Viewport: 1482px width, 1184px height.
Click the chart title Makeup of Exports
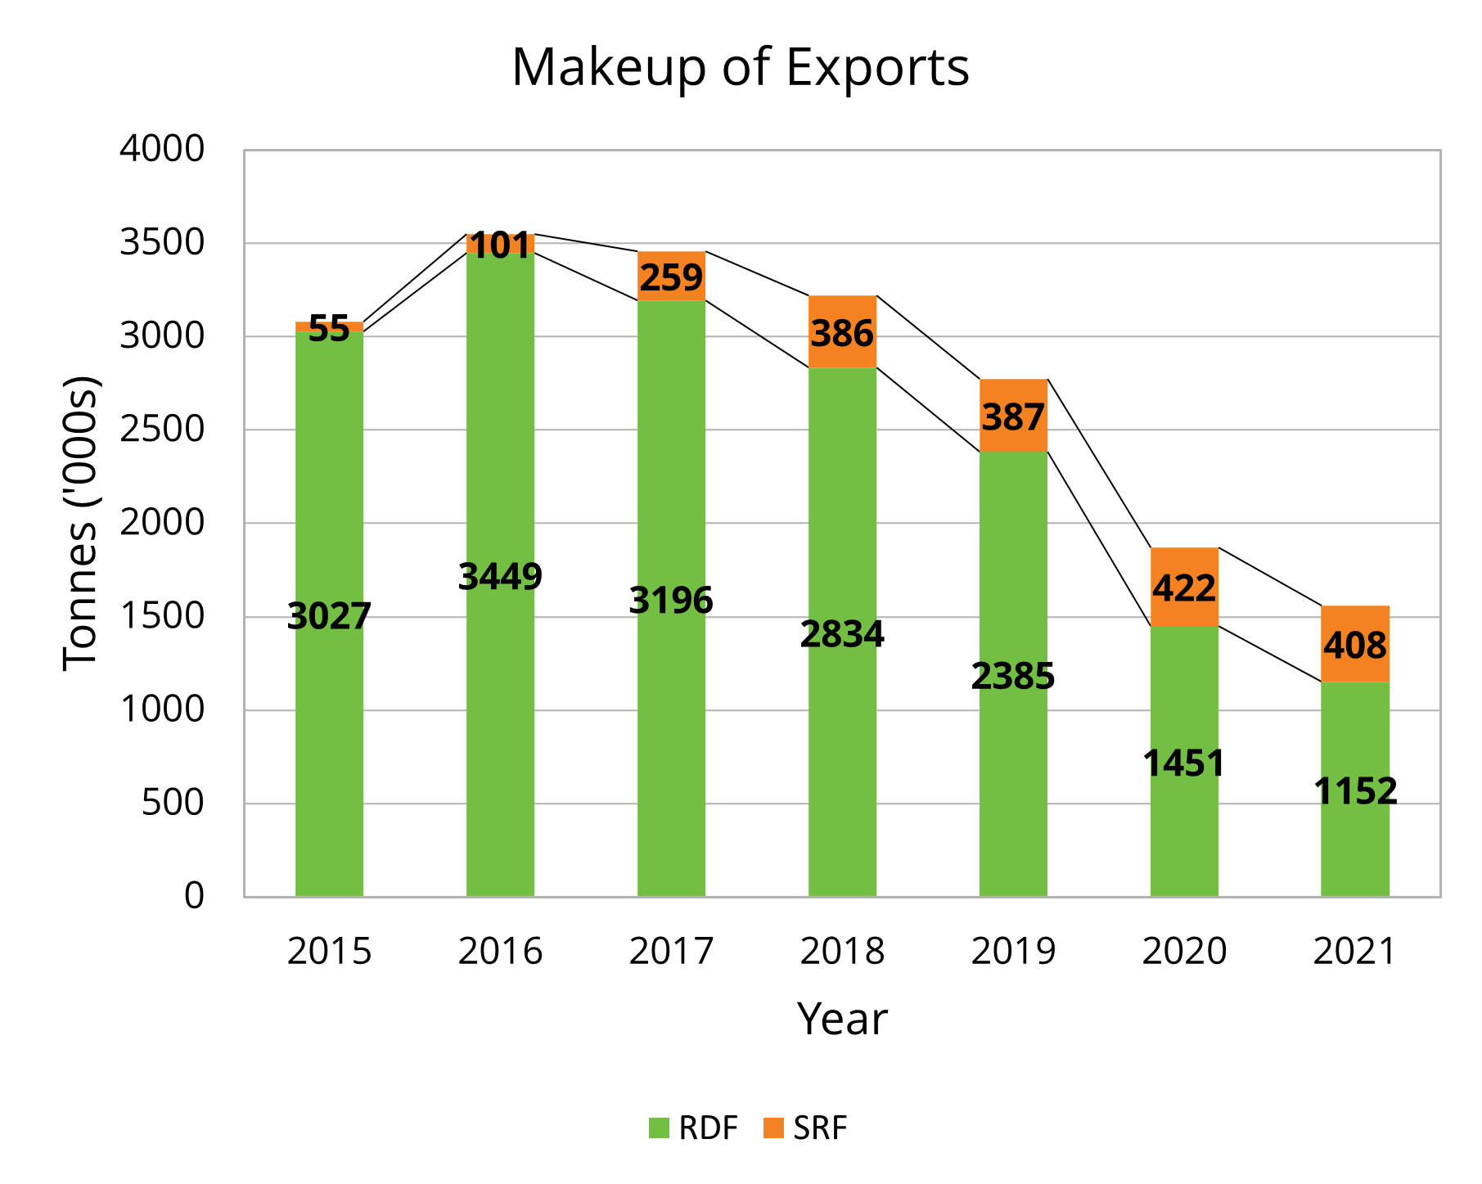[x=740, y=67]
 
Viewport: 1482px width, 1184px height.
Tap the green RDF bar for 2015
[x=329, y=736]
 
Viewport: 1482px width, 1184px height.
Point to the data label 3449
[x=500, y=577]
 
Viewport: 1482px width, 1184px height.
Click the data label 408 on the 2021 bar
[x=1354, y=646]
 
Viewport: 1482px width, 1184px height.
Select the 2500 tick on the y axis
[x=161, y=430]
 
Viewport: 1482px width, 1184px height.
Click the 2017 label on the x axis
[x=671, y=952]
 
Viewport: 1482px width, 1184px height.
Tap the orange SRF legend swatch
[x=773, y=1128]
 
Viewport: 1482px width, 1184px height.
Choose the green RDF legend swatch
[x=659, y=1128]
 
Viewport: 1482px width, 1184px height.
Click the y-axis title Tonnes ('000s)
[x=80, y=523]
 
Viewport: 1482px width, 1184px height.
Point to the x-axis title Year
[x=841, y=1020]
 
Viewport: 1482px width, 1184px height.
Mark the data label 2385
[x=1012, y=677]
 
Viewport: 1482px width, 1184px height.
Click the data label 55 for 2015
[x=329, y=329]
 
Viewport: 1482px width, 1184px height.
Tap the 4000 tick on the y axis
[x=161, y=150]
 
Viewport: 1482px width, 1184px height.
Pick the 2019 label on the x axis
[x=1013, y=952]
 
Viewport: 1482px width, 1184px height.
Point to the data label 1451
[x=1183, y=763]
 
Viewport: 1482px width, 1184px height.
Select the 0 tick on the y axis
[x=194, y=897]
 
